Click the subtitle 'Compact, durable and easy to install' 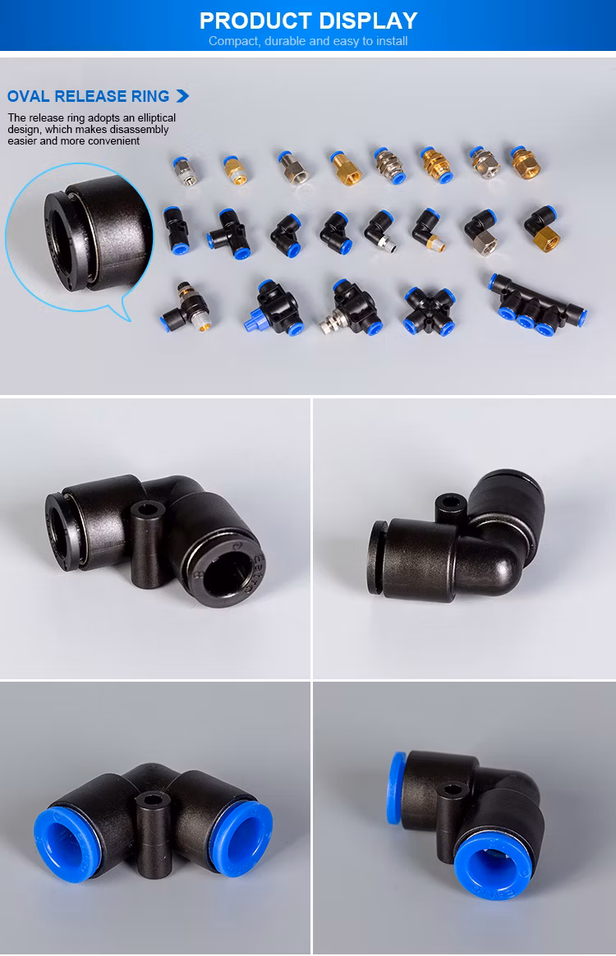click(x=308, y=41)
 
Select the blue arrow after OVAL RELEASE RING click(x=182, y=96)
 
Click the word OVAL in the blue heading click(x=28, y=96)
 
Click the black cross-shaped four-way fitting click(x=429, y=311)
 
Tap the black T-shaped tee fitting click(x=228, y=233)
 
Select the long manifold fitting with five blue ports click(x=536, y=304)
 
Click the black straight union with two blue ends click(x=175, y=230)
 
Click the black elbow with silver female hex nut click(x=482, y=232)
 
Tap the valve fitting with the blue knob click(x=274, y=306)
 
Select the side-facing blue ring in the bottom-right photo click(x=396, y=788)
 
